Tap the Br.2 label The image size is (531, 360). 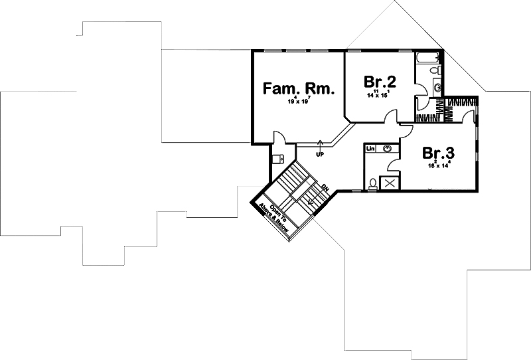[x=380, y=82]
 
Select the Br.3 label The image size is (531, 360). [x=439, y=153]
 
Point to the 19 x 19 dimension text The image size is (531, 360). [x=299, y=102]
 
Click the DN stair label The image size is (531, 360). [x=325, y=189]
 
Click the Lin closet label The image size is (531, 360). [x=370, y=149]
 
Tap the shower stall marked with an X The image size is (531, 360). [x=390, y=184]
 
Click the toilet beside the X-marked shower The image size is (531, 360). [x=372, y=183]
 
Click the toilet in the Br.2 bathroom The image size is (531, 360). [x=434, y=71]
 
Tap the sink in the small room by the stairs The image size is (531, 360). [x=279, y=158]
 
